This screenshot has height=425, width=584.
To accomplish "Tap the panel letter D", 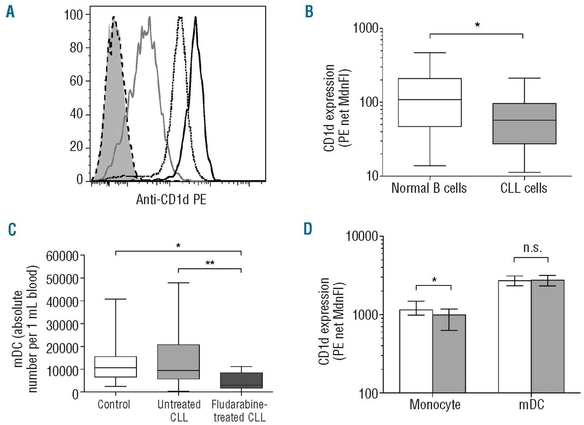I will click(309, 228).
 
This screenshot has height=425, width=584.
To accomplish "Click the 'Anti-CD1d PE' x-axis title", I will click(171, 199).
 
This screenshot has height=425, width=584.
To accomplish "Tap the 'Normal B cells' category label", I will click(429, 188).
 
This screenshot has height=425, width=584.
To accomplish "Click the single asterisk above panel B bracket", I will click(477, 26).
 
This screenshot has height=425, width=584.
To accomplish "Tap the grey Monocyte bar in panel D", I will click(449, 353).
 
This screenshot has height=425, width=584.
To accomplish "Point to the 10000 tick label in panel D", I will click(363, 237).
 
